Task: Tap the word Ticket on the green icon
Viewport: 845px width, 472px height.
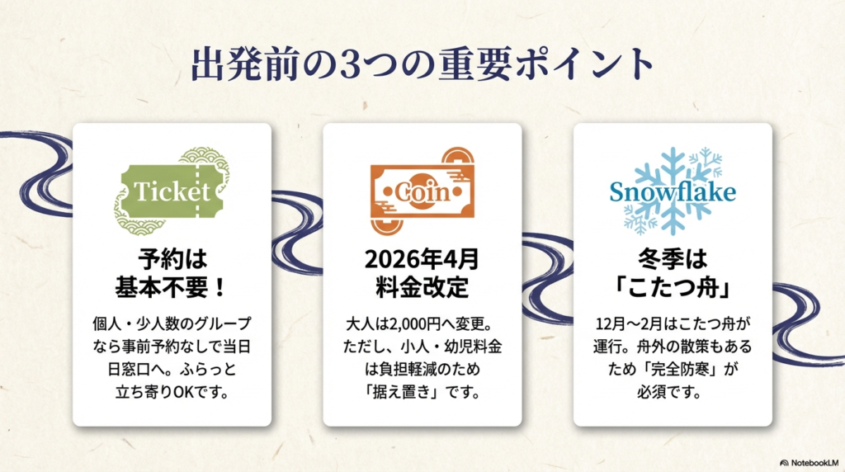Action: point(172,192)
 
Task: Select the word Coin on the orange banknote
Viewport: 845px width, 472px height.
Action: point(422,193)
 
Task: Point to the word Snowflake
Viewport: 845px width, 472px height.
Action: point(672,192)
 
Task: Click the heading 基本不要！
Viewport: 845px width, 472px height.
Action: point(172,288)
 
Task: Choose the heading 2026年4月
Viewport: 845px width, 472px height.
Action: point(422,260)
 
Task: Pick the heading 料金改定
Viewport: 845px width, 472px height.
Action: point(422,288)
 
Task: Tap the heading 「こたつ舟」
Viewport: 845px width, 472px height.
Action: point(672,288)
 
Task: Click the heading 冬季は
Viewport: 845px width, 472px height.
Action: point(672,260)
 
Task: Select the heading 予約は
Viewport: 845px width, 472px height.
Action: point(172,260)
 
